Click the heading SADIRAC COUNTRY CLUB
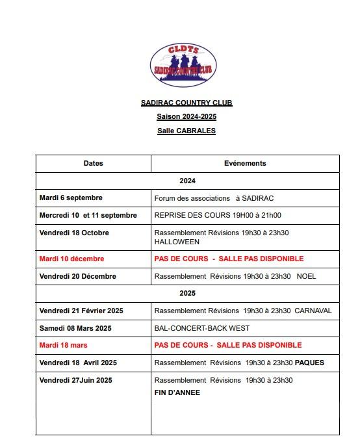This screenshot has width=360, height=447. (x=186, y=103)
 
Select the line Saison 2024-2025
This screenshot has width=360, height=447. (x=186, y=116)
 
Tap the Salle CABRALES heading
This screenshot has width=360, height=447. (x=186, y=131)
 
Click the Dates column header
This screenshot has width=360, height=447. (x=93, y=163)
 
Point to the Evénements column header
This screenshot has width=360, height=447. (x=245, y=163)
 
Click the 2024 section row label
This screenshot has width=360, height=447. (x=187, y=181)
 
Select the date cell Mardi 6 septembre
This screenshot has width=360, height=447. (x=71, y=198)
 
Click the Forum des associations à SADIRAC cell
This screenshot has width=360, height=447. (x=218, y=198)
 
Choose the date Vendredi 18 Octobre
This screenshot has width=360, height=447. (x=74, y=233)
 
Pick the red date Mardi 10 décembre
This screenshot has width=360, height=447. (x=71, y=259)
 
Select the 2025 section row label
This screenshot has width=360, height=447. (x=187, y=293)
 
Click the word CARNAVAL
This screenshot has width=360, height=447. (x=313, y=311)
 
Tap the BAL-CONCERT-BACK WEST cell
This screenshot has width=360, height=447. (x=201, y=328)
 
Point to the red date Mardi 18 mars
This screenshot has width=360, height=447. (x=63, y=345)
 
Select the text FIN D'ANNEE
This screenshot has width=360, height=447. (x=177, y=392)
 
